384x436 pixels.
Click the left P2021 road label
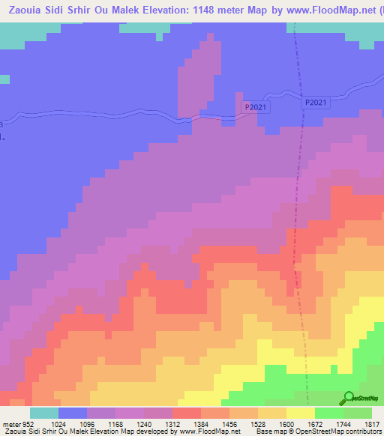(x=256, y=108)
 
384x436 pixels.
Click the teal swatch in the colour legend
(x=44, y=413)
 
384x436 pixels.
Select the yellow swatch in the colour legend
(x=301, y=413)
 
